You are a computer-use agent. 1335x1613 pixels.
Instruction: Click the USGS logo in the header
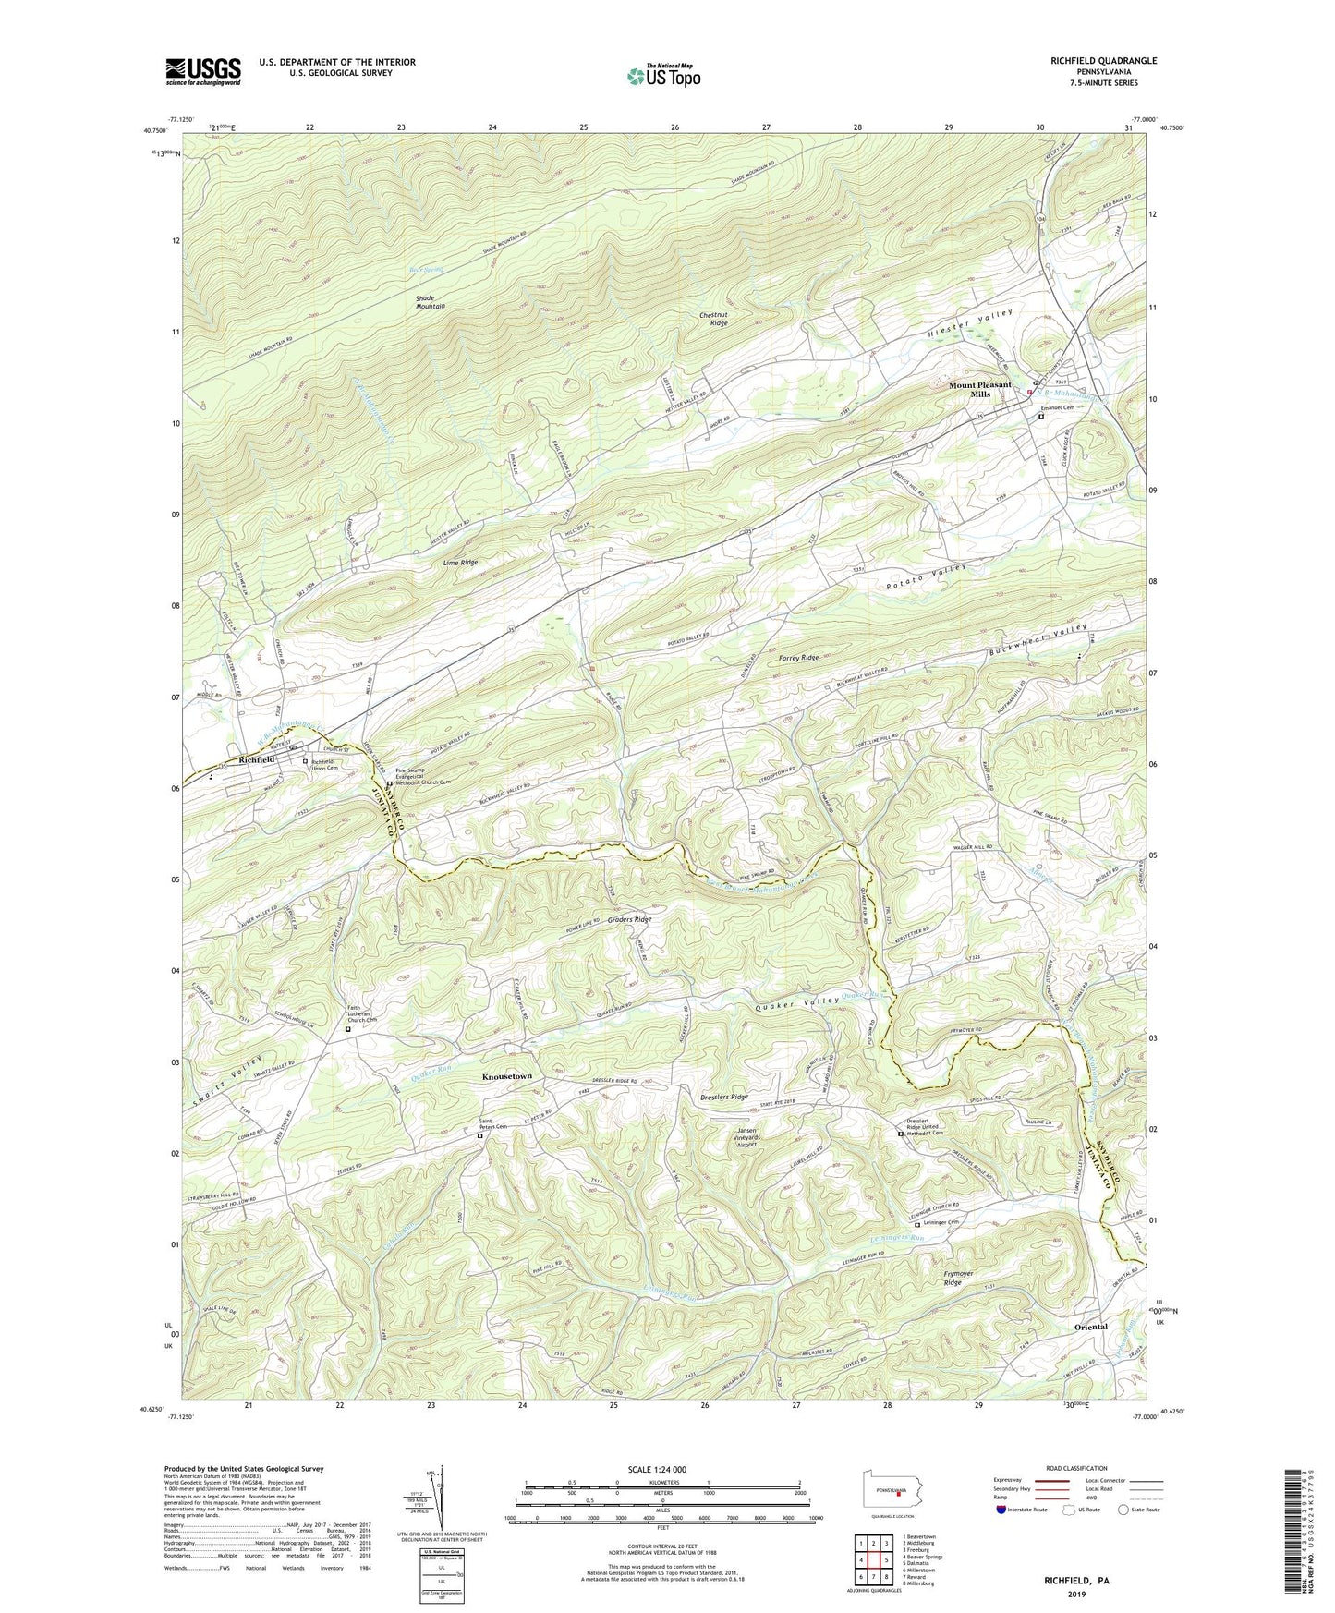click(x=203, y=71)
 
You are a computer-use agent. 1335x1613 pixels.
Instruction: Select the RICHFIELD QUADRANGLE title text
click(x=1103, y=61)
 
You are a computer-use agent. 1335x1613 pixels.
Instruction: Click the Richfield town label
click(x=257, y=759)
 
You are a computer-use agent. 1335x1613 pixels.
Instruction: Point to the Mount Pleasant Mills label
click(x=980, y=389)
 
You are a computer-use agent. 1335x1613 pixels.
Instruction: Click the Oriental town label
click(x=1091, y=1328)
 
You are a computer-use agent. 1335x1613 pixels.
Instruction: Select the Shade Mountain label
click(x=431, y=301)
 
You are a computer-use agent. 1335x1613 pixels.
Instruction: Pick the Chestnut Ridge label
click(x=713, y=319)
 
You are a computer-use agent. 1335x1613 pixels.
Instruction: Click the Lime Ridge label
click(x=460, y=563)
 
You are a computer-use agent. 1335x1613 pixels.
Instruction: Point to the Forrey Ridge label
click(x=799, y=658)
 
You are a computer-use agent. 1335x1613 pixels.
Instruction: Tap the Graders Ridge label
click(x=629, y=920)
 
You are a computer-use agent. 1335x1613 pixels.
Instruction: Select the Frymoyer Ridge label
click(x=953, y=1278)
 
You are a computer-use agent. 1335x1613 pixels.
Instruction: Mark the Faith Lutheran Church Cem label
click(x=365, y=1014)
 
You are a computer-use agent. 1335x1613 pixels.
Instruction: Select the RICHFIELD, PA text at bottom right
click(x=1077, y=1581)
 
